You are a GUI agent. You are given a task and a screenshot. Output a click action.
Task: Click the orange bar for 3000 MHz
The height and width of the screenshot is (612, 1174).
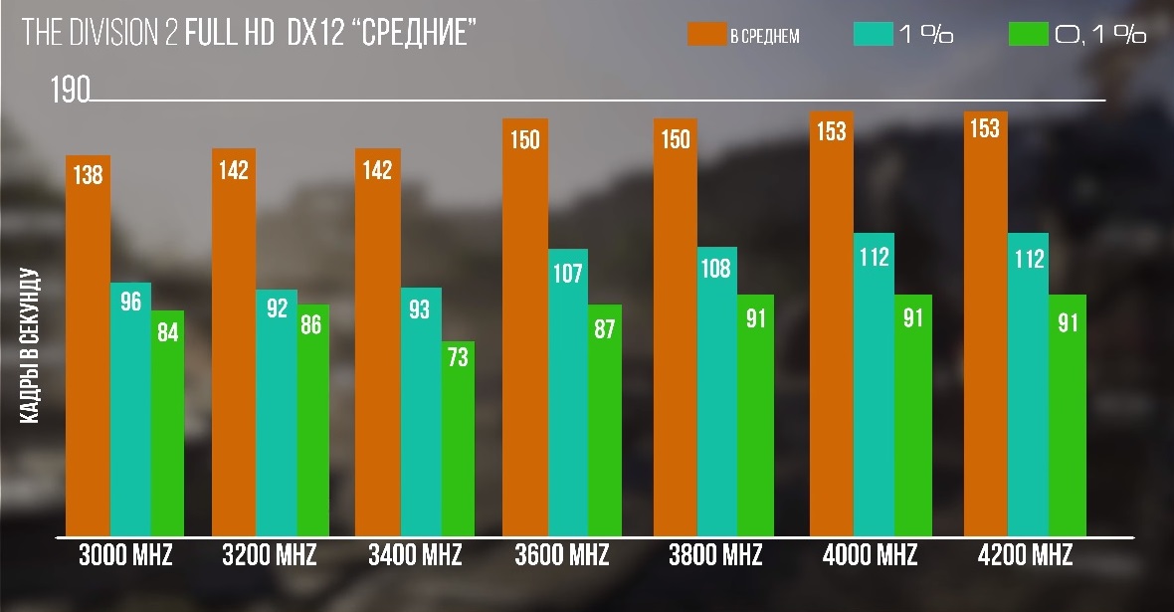pyautogui.click(x=88, y=348)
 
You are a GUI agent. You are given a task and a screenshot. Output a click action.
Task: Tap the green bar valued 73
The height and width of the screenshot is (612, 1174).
pyautogui.click(x=459, y=438)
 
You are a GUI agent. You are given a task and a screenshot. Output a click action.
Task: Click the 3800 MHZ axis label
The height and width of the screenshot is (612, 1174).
pyautogui.click(x=715, y=555)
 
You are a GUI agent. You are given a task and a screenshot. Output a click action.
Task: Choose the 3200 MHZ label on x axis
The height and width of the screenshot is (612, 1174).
pyautogui.click(x=270, y=555)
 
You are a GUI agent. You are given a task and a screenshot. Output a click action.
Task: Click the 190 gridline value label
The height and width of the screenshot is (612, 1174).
pyautogui.click(x=70, y=92)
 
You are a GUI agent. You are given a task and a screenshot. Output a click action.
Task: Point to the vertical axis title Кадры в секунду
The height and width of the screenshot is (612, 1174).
pyautogui.click(x=29, y=346)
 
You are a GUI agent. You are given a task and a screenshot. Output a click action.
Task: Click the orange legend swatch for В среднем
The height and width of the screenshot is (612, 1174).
pyautogui.click(x=705, y=35)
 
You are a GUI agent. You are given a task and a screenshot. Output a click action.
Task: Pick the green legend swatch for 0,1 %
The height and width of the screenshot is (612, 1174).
pyautogui.click(x=1028, y=35)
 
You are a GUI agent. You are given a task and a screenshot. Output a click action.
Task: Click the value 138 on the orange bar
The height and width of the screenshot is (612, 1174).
pyautogui.click(x=88, y=176)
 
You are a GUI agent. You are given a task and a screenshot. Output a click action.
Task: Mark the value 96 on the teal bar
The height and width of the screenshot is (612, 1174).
pyautogui.click(x=130, y=302)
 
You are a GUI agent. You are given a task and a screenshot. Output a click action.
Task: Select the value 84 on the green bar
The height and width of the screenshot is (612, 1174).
pyautogui.click(x=167, y=333)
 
